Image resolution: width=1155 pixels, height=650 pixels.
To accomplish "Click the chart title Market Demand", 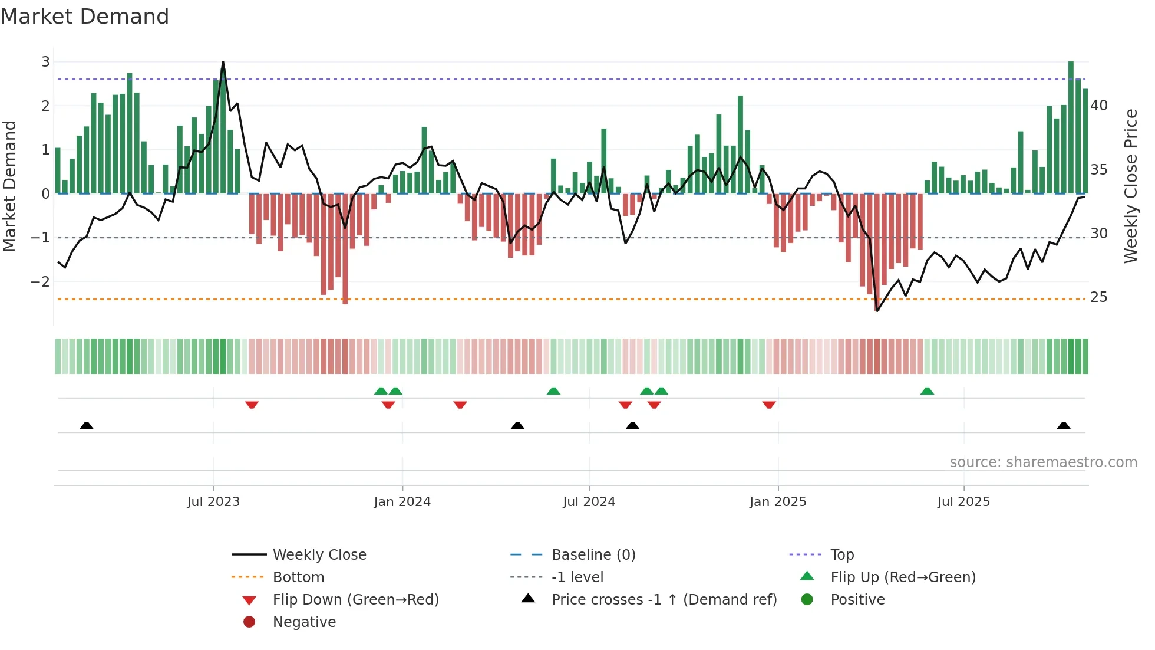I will tap(85, 17).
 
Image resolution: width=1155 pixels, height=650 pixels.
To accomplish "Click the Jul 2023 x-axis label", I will tap(213, 502).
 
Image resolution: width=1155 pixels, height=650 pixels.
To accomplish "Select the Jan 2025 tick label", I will tap(778, 502).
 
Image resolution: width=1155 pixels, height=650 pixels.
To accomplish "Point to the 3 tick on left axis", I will tap(45, 62).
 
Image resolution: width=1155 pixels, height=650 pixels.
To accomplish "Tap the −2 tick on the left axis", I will tap(40, 281).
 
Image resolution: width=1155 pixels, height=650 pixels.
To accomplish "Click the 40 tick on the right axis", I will tap(1099, 106).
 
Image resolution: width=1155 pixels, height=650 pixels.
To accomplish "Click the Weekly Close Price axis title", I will tap(1130, 186).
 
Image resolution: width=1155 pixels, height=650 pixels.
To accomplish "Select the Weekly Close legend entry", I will tap(319, 555).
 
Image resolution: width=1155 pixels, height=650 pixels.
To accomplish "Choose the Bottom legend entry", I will tap(298, 577).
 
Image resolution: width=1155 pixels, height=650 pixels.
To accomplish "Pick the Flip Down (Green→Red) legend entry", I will tap(355, 600).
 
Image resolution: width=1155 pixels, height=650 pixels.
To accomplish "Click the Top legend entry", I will tap(842, 555).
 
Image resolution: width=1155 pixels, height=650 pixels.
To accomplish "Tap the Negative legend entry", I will tap(304, 622).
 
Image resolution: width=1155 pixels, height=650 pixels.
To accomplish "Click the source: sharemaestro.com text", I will tap(1043, 462).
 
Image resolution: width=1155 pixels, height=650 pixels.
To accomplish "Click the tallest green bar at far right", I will tap(1071, 127).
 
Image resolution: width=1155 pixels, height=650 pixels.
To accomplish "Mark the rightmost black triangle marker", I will tap(1064, 425).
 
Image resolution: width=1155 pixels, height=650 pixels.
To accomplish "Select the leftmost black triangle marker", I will tap(87, 425).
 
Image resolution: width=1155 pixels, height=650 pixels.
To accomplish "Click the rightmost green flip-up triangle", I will tap(927, 391).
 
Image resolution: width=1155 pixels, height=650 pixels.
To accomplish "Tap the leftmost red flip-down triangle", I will tap(252, 405).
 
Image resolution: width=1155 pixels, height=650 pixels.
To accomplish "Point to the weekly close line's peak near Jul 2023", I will tap(223, 62).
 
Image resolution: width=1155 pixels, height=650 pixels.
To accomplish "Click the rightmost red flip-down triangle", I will tap(769, 405).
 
